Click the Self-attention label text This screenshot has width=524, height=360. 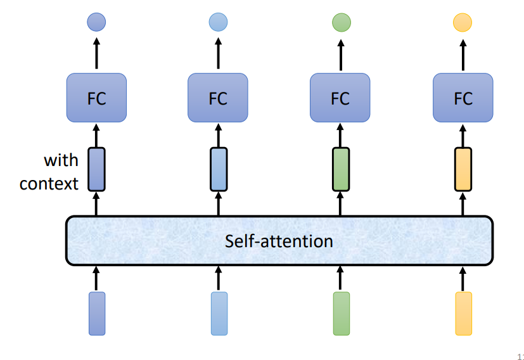[x=279, y=241]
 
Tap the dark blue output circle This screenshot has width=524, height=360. [x=96, y=23]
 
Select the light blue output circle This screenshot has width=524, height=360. [x=219, y=23]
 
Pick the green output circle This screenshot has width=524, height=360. [x=341, y=23]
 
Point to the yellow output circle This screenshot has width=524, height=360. [x=463, y=23]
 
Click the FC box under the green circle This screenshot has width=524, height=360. [x=340, y=98]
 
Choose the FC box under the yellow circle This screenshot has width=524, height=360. [x=463, y=98]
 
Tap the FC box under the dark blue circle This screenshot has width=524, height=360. [x=96, y=98]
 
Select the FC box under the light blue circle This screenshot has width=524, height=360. [x=218, y=98]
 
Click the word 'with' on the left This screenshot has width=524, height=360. [x=61, y=160]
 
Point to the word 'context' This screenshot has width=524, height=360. [x=49, y=184]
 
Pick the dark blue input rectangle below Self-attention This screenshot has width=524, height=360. [x=97, y=313]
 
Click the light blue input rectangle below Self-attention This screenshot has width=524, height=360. [x=219, y=313]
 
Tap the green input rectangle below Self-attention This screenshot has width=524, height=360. [x=341, y=313]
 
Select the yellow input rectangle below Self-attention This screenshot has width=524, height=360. [x=463, y=313]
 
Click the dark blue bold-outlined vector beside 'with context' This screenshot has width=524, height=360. [x=96, y=169]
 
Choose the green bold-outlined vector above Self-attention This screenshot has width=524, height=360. [x=341, y=169]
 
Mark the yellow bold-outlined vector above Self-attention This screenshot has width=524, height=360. [x=463, y=169]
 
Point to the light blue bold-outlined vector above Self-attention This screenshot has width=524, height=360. [x=219, y=169]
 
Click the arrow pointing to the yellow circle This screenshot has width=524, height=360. [x=463, y=52]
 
